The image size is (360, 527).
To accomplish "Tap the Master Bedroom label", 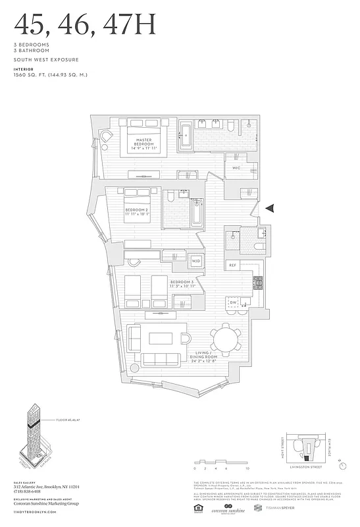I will click(x=144, y=143).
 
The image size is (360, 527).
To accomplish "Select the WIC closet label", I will click(x=238, y=168).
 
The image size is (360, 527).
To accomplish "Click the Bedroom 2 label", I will click(x=139, y=211).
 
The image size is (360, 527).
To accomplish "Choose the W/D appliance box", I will click(x=195, y=262).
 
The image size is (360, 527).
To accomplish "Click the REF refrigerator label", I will click(x=232, y=265).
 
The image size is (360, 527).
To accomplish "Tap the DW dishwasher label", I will click(x=233, y=302).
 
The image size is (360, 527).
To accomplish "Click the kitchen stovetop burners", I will click(x=258, y=283).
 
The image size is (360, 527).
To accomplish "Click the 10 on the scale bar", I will click(x=247, y=469).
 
